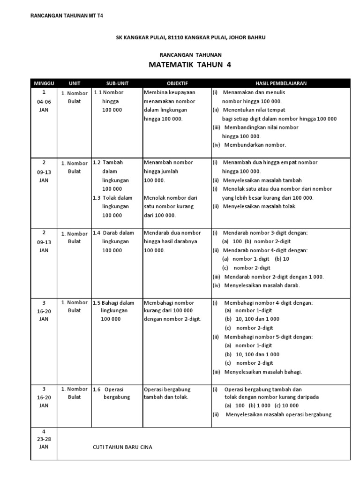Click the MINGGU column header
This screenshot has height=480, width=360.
point(44,83)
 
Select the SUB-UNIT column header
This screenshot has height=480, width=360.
point(117,83)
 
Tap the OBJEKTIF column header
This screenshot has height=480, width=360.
point(177,83)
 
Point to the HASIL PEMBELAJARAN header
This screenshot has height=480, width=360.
point(281,83)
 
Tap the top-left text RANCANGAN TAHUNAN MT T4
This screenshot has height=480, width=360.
point(67,15)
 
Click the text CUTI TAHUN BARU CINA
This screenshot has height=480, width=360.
point(122,447)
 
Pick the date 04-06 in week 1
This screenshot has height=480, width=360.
point(44,101)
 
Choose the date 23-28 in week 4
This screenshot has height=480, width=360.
point(44,438)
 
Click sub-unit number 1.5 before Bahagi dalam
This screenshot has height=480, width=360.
point(97,303)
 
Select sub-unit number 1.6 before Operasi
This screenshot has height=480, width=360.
point(97,389)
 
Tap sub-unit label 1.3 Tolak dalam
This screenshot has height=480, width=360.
point(113,198)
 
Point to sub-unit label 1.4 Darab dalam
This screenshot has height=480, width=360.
point(113,233)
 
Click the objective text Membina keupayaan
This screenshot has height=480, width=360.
point(169,92)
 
